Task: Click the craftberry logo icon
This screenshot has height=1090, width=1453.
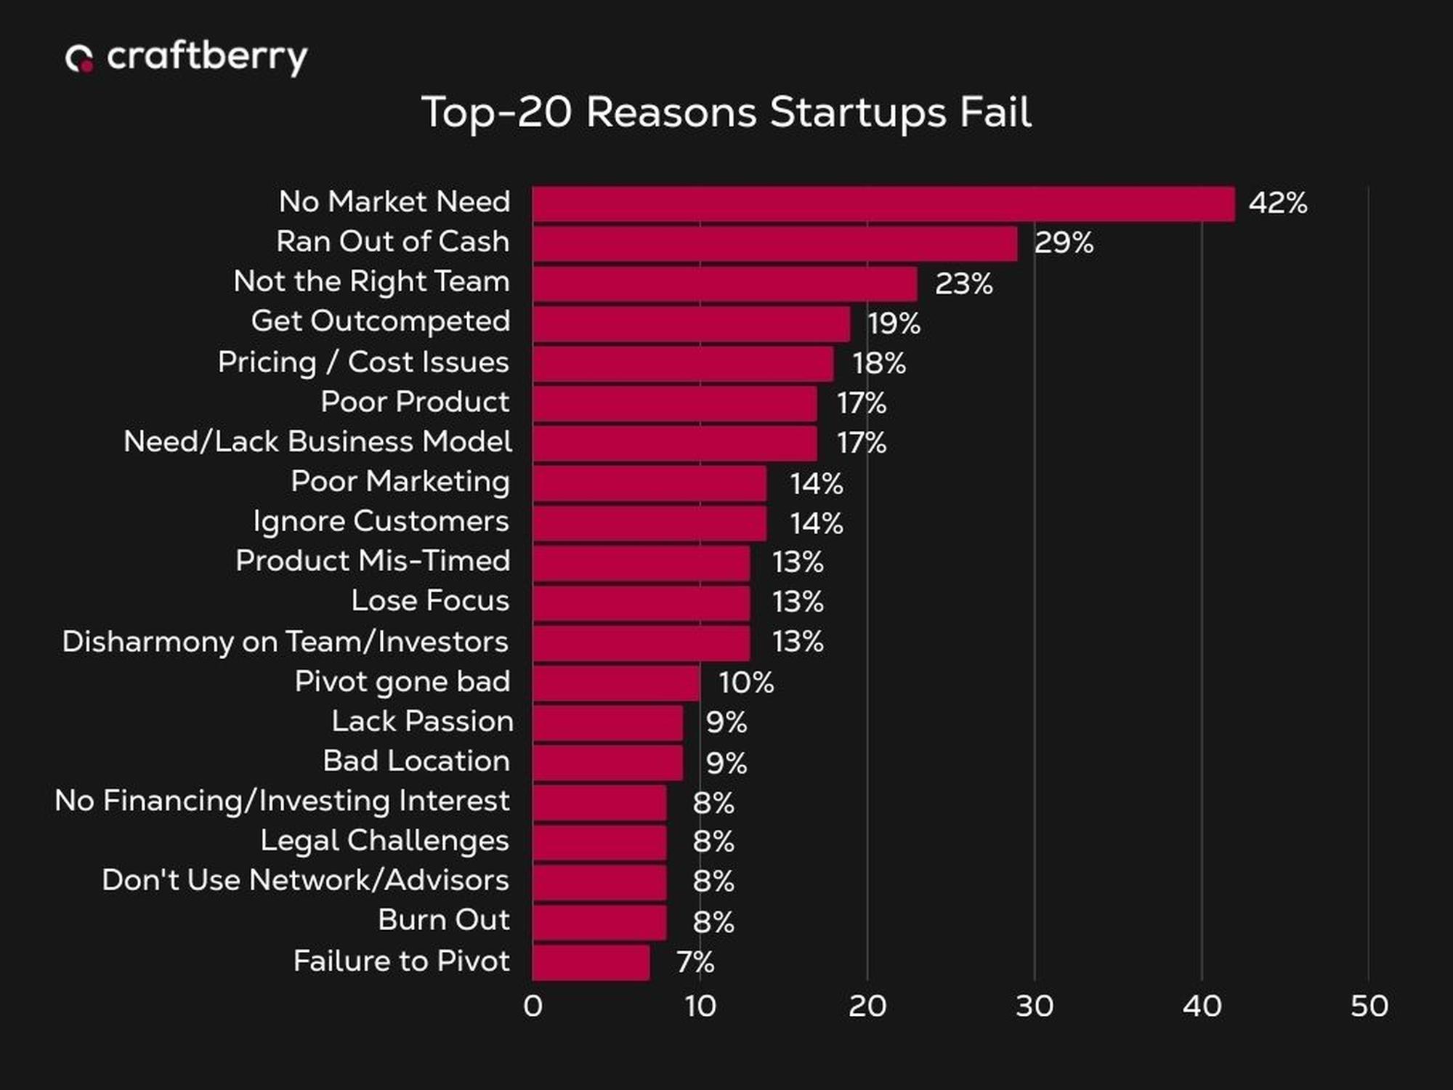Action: click(x=79, y=58)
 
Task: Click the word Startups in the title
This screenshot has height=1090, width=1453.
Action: click(x=857, y=113)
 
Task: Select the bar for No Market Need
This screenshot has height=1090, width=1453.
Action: click(x=883, y=204)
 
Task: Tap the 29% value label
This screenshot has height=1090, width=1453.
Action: click(x=1064, y=243)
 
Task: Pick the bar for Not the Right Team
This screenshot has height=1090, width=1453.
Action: click(x=724, y=283)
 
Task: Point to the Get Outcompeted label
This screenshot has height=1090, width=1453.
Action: click(x=381, y=321)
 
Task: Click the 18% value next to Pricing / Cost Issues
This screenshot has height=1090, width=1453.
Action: click(x=879, y=363)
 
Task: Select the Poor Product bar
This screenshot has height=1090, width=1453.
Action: click(x=674, y=403)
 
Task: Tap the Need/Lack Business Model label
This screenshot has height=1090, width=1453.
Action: click(x=317, y=442)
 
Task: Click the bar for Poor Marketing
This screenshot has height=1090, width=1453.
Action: click(x=649, y=483)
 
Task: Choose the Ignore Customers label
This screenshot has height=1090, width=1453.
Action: click(x=381, y=521)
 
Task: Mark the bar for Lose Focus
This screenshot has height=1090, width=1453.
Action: click(x=641, y=602)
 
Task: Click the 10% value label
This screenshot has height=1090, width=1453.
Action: click(x=746, y=682)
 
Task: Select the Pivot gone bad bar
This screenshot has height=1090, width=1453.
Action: click(x=616, y=682)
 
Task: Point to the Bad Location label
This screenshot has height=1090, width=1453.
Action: click(x=416, y=761)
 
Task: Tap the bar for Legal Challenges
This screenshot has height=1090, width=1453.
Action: click(x=599, y=842)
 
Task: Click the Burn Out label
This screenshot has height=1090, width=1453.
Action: click(x=443, y=920)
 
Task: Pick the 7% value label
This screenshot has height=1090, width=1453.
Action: click(x=695, y=962)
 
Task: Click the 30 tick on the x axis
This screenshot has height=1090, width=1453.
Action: click(x=1034, y=1006)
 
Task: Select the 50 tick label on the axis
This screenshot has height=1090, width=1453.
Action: click(x=1369, y=1006)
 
